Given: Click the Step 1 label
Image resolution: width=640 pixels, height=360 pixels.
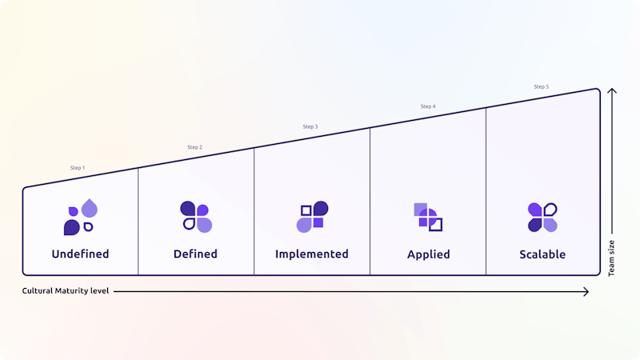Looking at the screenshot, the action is (x=78, y=168).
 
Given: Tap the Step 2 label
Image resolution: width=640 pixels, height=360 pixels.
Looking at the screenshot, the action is (x=194, y=147).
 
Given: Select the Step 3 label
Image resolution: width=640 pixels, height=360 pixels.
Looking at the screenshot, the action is (x=310, y=127).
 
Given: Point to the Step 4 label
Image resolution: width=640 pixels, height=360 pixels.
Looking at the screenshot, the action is (x=428, y=106).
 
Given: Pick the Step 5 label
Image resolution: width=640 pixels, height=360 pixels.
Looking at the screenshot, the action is (x=542, y=86).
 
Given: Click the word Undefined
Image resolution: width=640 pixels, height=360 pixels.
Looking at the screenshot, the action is (x=81, y=254).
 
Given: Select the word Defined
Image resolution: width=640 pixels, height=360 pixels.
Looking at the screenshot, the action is (x=195, y=254).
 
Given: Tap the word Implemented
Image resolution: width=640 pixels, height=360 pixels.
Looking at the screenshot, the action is (x=312, y=254).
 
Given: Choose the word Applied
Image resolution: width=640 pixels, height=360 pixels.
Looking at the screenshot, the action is (x=429, y=254).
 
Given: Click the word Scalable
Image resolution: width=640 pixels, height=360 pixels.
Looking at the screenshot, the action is (x=542, y=254).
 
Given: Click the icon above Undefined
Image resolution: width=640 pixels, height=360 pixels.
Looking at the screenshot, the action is (x=81, y=217).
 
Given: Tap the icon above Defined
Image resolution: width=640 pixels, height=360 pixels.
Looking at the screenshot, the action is (x=196, y=217).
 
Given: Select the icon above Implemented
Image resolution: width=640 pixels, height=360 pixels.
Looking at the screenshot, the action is (x=312, y=217).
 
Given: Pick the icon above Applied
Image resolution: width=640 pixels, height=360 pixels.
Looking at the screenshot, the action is (x=428, y=217).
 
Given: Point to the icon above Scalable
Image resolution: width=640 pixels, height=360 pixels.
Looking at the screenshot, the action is (x=542, y=217).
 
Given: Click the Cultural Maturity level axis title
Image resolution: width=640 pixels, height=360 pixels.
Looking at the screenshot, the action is (x=66, y=291).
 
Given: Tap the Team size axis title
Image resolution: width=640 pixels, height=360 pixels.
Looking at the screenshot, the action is (x=611, y=258).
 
